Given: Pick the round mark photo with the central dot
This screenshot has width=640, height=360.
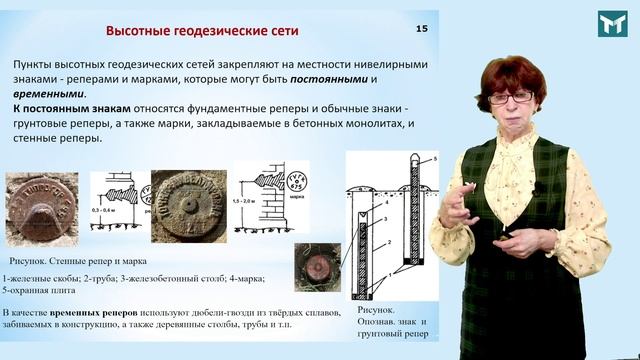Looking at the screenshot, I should point(187,205).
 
